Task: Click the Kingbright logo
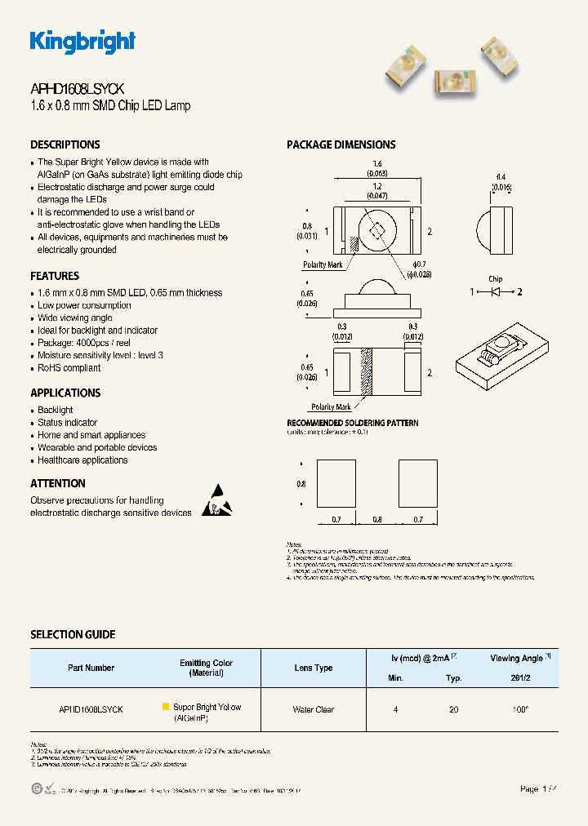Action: [82, 42]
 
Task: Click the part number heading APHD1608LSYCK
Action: [78, 90]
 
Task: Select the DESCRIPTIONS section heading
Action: [65, 144]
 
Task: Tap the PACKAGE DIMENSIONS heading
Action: [341, 144]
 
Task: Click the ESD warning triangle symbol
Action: [216, 500]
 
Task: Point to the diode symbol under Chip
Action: [496, 291]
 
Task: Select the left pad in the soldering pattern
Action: [336, 484]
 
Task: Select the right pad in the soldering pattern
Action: [417, 484]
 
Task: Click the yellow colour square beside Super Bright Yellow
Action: [166, 707]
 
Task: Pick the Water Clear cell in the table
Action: [314, 710]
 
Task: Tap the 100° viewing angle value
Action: [520, 710]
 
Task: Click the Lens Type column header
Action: [314, 668]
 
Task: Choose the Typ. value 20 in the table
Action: [454, 710]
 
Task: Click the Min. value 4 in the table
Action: [396, 710]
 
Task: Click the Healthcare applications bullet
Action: [82, 460]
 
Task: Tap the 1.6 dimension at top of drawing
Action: [376, 164]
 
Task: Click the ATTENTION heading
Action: [58, 483]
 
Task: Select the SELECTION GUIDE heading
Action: [73, 634]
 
